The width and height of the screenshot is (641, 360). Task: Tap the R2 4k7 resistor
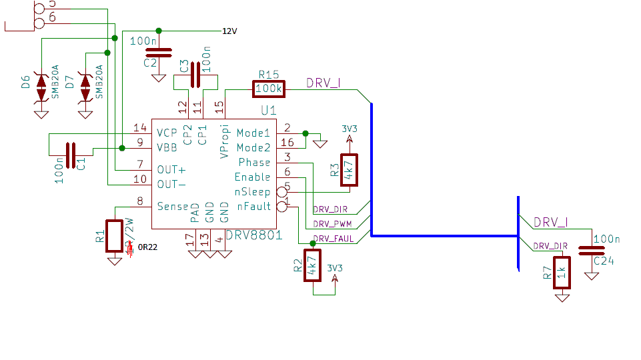[x=311, y=265]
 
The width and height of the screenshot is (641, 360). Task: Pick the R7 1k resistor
[x=562, y=272]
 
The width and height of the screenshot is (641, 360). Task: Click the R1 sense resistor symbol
[x=115, y=235]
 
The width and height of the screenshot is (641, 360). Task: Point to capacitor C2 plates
[x=158, y=51]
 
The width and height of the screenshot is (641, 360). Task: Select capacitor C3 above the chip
[x=195, y=75]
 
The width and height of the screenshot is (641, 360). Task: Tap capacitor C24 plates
[x=591, y=251]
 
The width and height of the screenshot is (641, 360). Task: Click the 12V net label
[x=229, y=31]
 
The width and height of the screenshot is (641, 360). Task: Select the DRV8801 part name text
[x=253, y=235]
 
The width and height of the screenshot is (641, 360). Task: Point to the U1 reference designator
[x=268, y=109]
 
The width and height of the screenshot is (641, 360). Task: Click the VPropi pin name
[x=224, y=141]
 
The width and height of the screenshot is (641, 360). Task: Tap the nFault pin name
[x=253, y=207]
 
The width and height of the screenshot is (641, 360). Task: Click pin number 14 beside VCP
[x=139, y=127]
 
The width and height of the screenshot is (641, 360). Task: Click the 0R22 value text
[x=147, y=249]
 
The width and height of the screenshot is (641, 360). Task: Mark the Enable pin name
[x=252, y=177]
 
